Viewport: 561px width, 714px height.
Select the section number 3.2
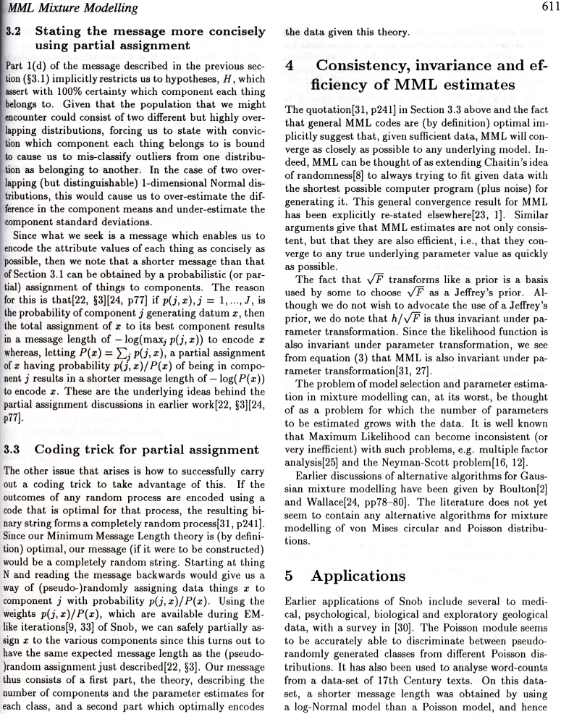[16, 32]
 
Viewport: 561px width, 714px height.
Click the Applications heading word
[354, 576]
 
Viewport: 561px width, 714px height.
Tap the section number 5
[290, 576]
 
